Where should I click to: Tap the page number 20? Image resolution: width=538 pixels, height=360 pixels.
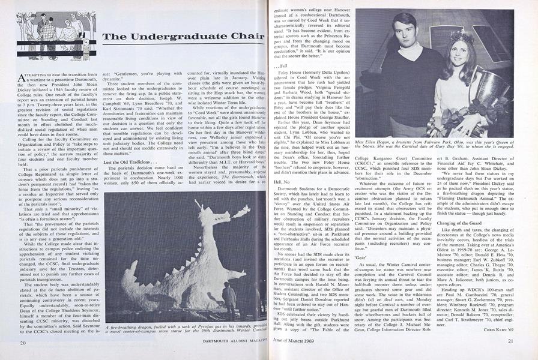[22, 342]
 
